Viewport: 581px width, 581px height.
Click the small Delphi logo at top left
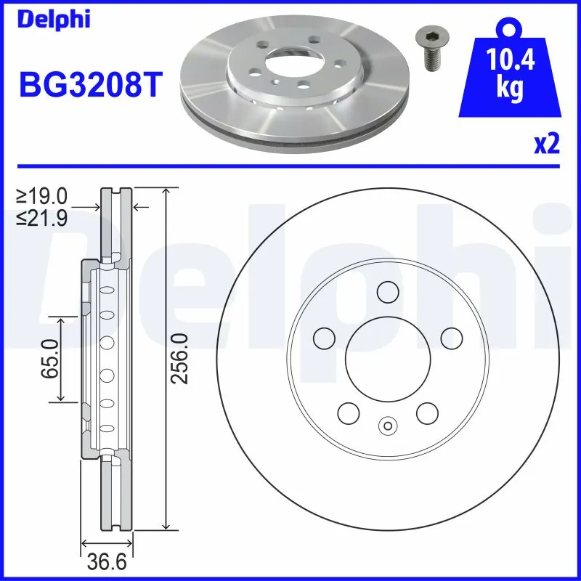click(54, 20)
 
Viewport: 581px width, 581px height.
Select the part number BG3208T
click(91, 84)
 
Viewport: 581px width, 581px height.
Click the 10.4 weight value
click(510, 60)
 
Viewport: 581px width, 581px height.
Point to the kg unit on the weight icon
click(511, 88)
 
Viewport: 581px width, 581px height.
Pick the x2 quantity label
click(547, 145)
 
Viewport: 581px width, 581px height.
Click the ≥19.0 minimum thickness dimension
click(42, 196)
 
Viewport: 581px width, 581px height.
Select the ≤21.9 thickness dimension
click(42, 217)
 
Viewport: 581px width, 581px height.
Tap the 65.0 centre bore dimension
click(50, 359)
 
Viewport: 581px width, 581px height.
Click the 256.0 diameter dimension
click(179, 358)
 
